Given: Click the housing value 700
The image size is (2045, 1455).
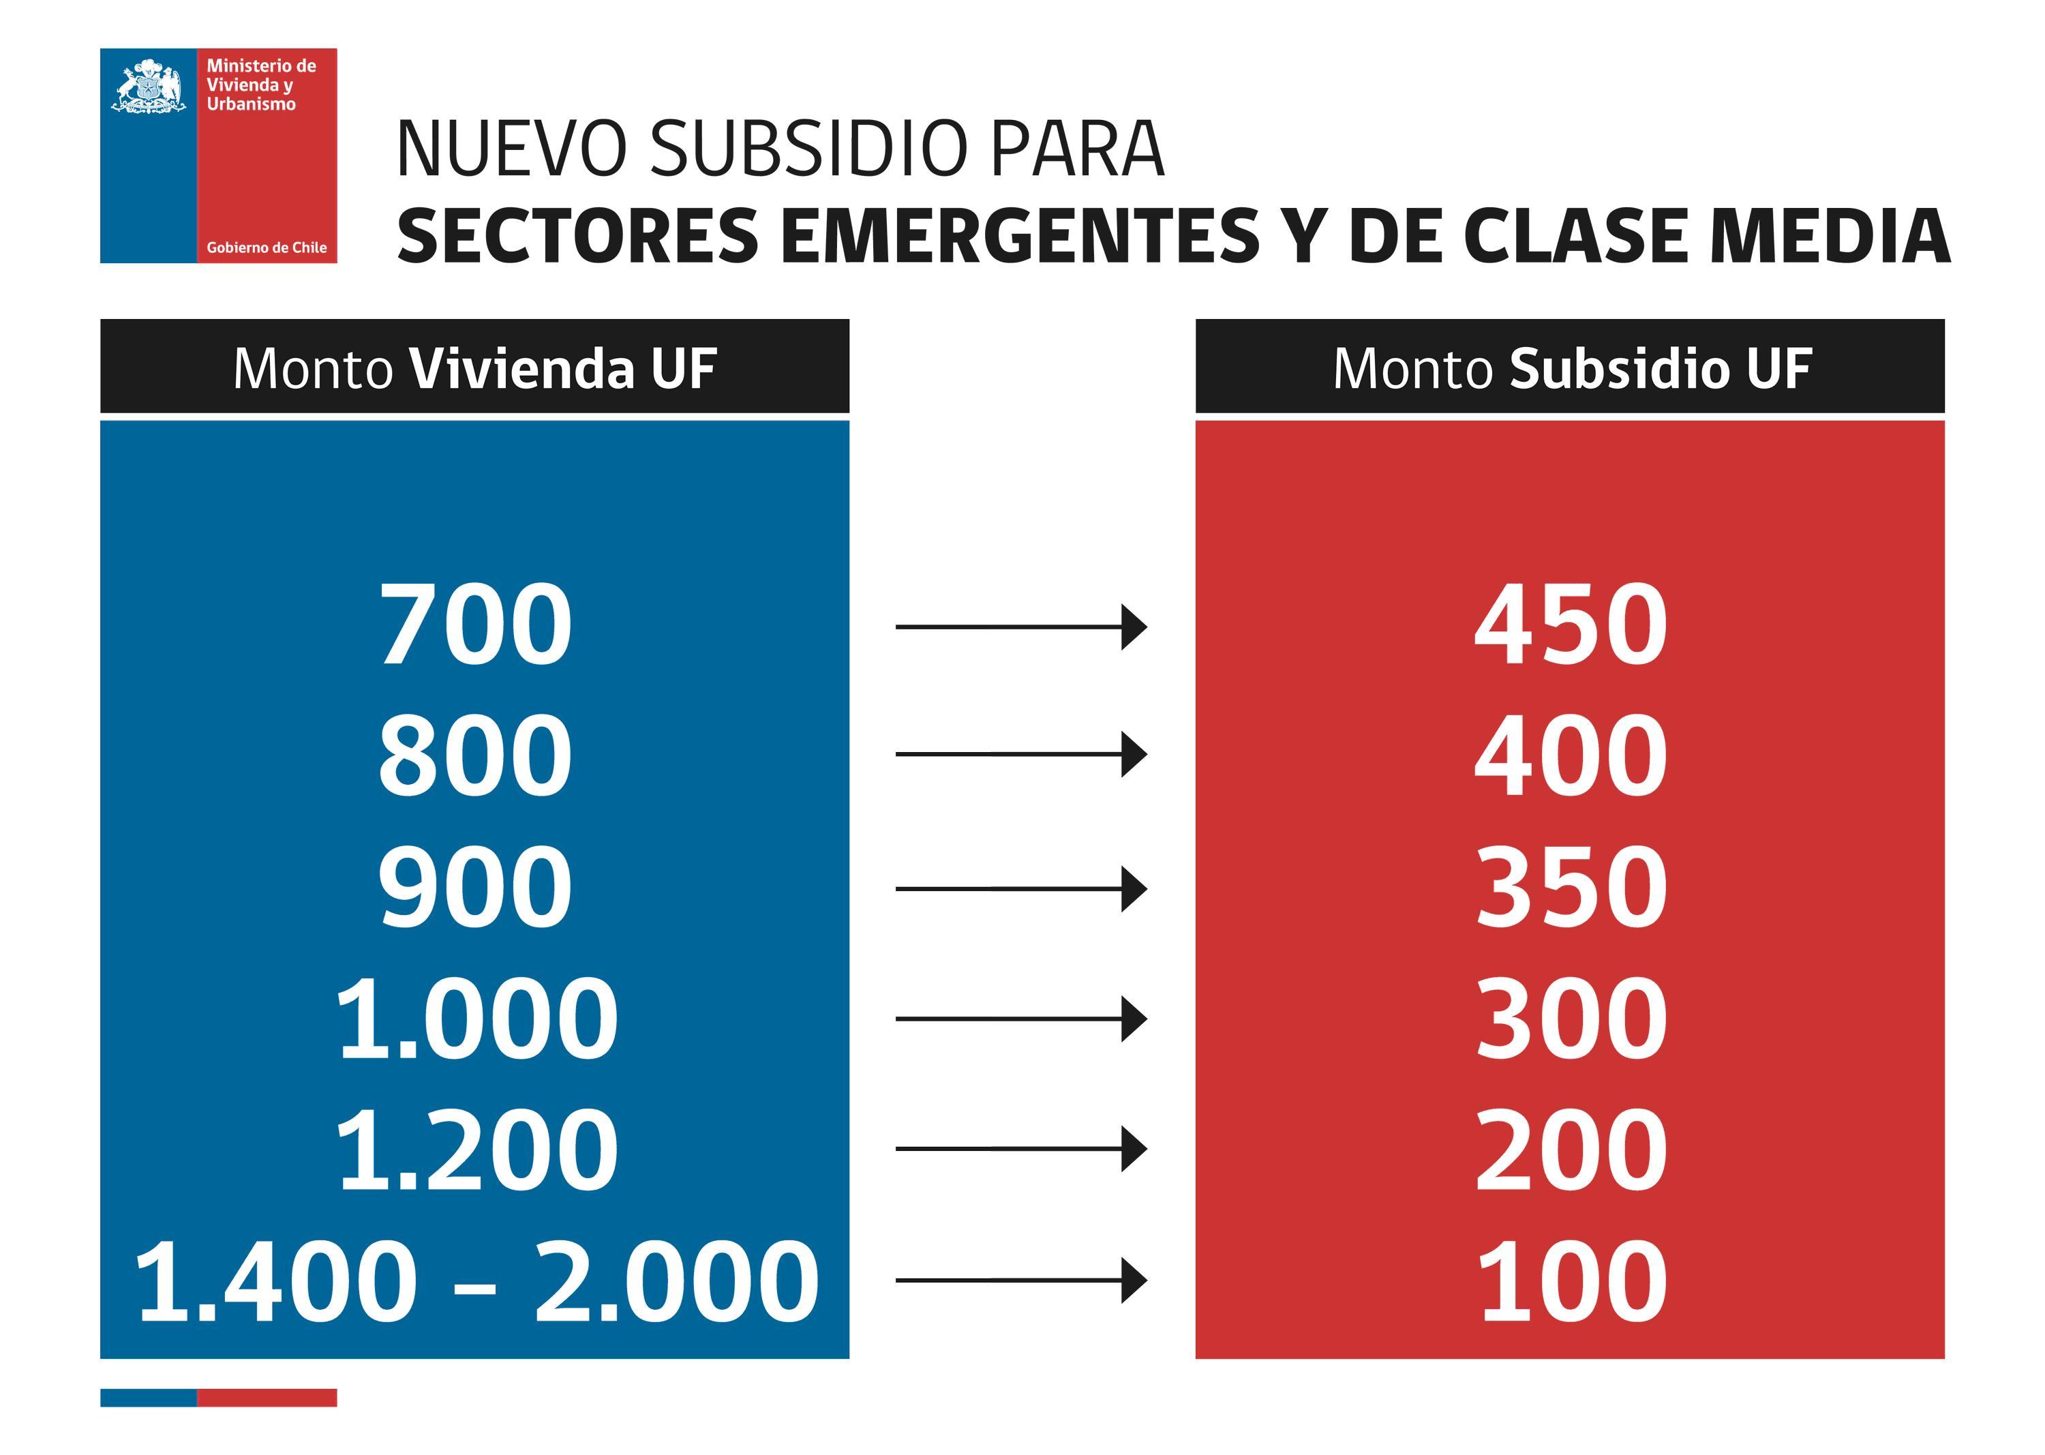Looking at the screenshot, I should tap(474, 625).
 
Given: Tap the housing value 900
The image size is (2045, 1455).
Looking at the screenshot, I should tap(474, 887).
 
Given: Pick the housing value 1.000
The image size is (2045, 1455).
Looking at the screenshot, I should tap(476, 1019).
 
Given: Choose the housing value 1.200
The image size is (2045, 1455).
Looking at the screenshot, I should tap(476, 1150).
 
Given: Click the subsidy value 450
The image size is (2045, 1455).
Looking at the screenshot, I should tap(1571, 625).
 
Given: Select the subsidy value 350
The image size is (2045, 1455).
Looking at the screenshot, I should tap(1571, 887).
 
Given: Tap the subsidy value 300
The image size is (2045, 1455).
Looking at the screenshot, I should tap(1571, 1019).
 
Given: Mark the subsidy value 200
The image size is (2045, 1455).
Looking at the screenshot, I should tap(1571, 1150).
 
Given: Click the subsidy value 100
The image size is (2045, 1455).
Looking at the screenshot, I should tap(1571, 1280).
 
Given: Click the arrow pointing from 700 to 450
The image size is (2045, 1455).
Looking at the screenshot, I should tap(1020, 627).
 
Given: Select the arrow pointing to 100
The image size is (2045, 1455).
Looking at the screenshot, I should tap(1020, 1280).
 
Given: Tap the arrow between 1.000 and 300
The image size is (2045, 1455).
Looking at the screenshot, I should tap(1020, 1019).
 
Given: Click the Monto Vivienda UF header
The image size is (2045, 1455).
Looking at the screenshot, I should tap(474, 367).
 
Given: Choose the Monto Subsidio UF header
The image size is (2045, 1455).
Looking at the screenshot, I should tap(1571, 367).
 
